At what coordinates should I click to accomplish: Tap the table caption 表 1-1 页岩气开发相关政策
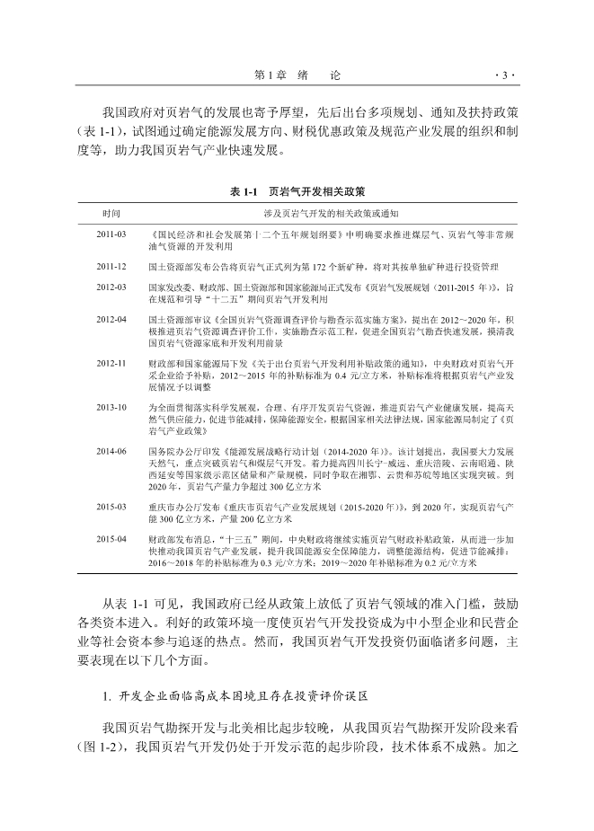(x=297, y=191)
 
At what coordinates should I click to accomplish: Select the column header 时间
(x=111, y=212)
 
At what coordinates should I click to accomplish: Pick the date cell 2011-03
(x=111, y=234)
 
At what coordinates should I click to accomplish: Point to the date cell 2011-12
(x=111, y=267)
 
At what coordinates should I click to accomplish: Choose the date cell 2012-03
(x=111, y=286)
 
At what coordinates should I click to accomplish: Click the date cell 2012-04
(x=111, y=319)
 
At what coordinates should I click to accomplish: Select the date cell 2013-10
(x=111, y=407)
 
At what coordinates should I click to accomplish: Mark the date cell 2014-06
(x=111, y=450)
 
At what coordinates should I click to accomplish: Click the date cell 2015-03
(x=111, y=507)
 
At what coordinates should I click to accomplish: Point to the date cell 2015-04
(x=111, y=539)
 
